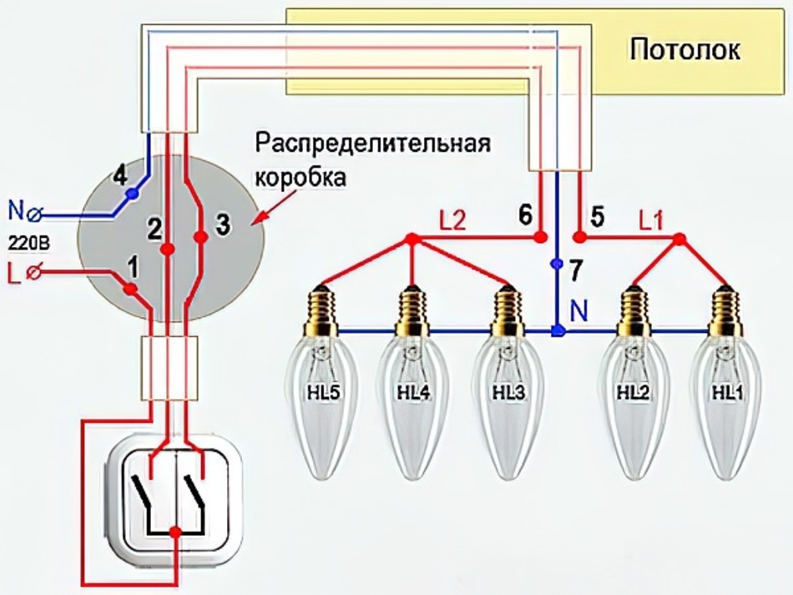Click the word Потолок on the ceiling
[684, 49]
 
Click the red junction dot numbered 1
[130, 289]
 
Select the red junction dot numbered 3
[200, 238]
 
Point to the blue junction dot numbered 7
[558, 265]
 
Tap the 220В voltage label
[25, 242]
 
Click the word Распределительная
[371, 142]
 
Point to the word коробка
[300, 179]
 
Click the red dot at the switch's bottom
[174, 532]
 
